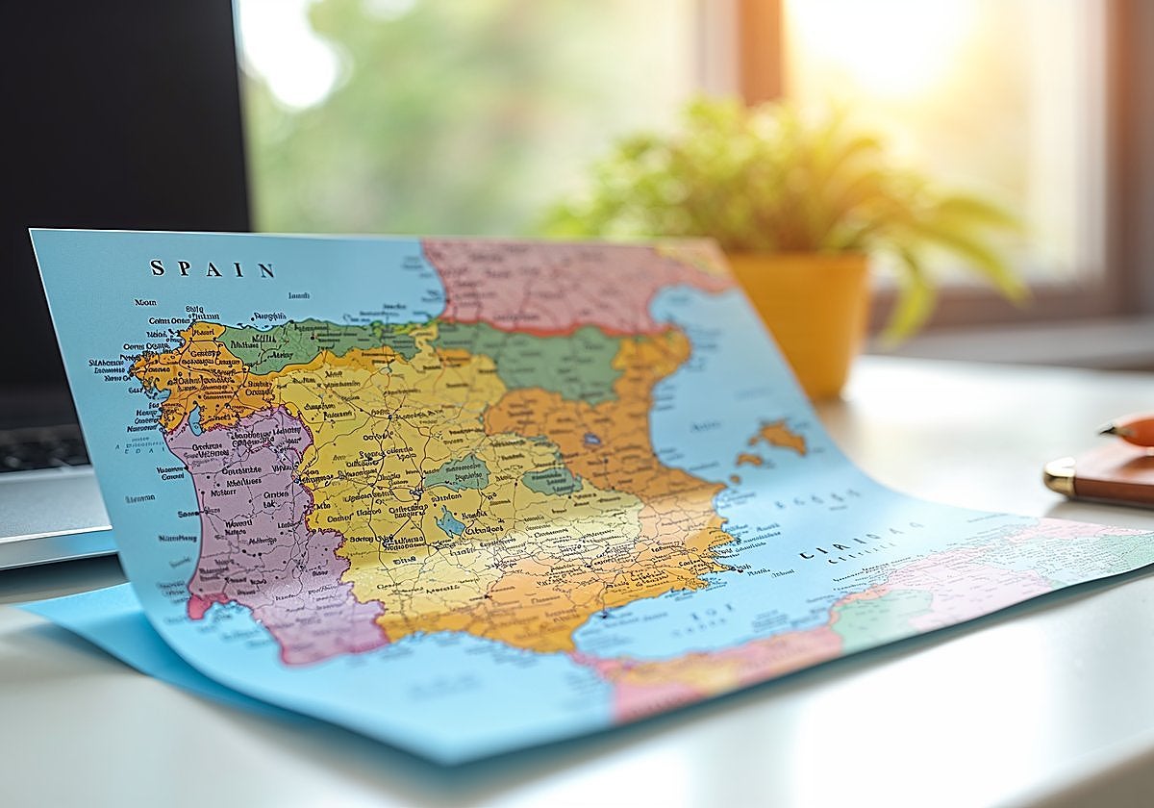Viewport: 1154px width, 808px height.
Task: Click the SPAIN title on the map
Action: coord(212,269)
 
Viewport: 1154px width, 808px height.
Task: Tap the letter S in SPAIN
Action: coord(157,267)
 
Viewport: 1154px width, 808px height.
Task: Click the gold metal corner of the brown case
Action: coord(1061,477)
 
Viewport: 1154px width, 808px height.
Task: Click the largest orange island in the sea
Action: coord(779,438)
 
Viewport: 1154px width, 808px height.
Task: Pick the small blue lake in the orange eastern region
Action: coord(591,441)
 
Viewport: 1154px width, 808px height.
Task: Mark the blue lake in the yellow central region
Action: coord(449,521)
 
